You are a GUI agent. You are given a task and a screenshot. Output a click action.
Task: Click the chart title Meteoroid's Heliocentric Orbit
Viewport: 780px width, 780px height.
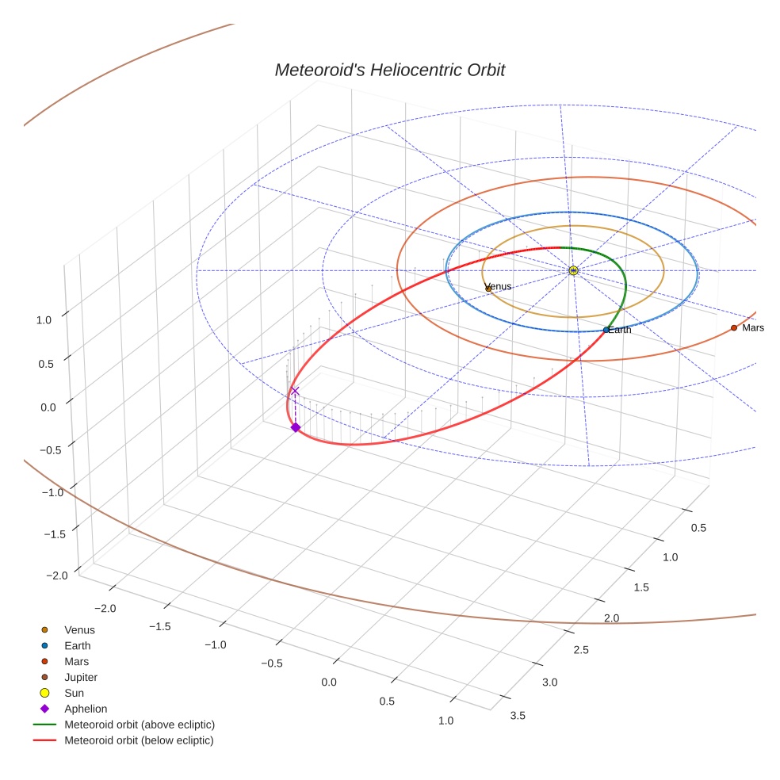[x=389, y=70]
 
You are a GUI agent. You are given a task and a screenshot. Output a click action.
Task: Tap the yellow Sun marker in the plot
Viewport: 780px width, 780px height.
[x=573, y=270]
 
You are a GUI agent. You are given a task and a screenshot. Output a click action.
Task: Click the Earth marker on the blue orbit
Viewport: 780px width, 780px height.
[x=606, y=330]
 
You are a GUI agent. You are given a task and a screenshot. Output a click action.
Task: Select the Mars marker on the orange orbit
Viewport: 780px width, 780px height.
[x=733, y=327]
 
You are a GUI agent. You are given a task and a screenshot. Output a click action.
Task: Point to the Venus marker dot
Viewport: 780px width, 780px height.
[x=488, y=289]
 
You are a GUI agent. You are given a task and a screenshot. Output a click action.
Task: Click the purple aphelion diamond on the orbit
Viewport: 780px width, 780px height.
[x=295, y=427]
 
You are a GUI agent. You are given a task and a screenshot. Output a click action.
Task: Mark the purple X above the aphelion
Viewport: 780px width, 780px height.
[x=295, y=391]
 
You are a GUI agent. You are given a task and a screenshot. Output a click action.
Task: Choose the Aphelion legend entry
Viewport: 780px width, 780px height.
[x=85, y=709]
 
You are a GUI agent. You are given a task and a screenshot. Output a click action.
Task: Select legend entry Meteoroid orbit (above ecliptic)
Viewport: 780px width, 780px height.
[x=139, y=725]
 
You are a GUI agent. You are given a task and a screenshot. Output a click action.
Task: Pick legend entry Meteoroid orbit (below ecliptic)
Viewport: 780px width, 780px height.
[x=139, y=740]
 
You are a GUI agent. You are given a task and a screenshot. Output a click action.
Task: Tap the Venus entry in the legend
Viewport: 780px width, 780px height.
[x=79, y=629]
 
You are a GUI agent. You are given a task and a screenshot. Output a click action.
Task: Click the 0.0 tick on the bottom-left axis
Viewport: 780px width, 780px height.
[x=328, y=682]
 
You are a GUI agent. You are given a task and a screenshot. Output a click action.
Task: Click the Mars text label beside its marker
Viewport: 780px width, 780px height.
[x=753, y=327]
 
